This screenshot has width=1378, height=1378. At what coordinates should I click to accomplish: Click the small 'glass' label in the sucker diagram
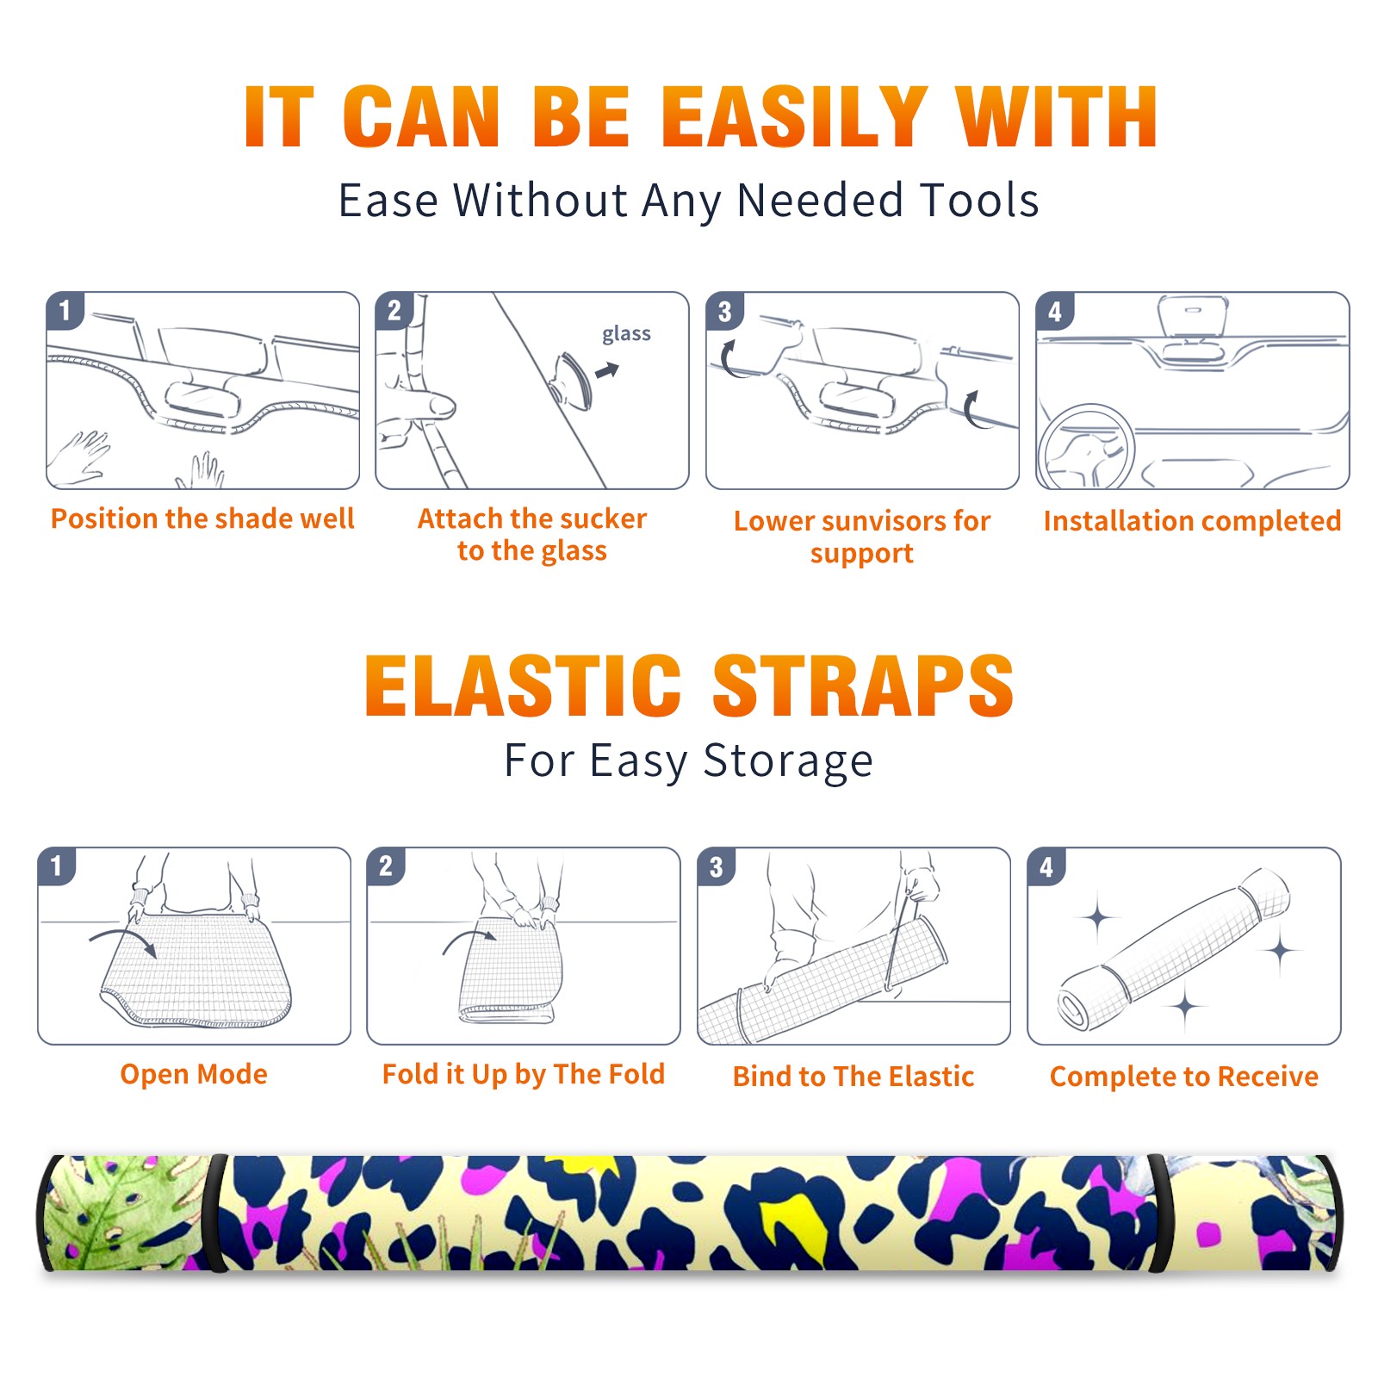click(626, 335)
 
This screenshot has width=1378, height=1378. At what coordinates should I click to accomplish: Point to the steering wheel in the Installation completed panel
click(1086, 448)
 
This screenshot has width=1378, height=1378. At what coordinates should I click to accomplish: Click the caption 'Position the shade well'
click(202, 518)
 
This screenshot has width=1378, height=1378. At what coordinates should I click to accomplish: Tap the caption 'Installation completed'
click(1192, 520)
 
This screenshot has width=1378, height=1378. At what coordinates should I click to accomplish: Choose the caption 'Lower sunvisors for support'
click(862, 537)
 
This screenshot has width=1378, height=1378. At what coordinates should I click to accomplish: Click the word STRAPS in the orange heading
click(863, 686)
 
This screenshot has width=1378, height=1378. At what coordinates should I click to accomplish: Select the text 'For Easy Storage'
click(689, 761)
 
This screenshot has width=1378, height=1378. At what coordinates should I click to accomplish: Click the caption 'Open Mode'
click(194, 1074)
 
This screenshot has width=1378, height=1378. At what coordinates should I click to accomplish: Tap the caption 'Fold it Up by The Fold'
click(524, 1075)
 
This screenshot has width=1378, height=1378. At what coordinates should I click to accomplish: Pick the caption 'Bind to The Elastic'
click(853, 1077)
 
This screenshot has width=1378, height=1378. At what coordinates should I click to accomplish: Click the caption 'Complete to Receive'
click(1184, 1077)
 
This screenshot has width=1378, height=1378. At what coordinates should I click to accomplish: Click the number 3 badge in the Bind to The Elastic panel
click(717, 866)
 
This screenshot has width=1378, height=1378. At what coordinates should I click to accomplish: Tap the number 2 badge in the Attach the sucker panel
click(394, 310)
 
